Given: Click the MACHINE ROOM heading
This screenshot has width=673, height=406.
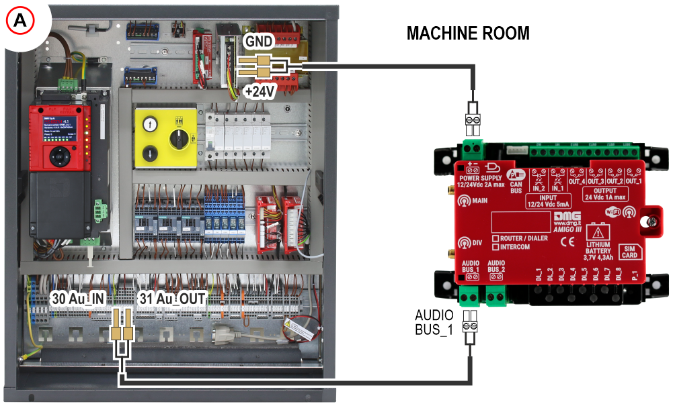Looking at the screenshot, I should (x=468, y=34).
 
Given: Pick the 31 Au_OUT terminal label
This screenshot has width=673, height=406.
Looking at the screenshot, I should (x=171, y=297).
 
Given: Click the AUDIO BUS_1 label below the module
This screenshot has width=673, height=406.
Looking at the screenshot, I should (x=434, y=322).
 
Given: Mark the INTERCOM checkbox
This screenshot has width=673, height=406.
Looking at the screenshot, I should (x=496, y=247).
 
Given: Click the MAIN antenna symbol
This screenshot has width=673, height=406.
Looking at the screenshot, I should (x=463, y=199).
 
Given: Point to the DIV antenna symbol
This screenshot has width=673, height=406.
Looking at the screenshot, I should (x=463, y=243).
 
